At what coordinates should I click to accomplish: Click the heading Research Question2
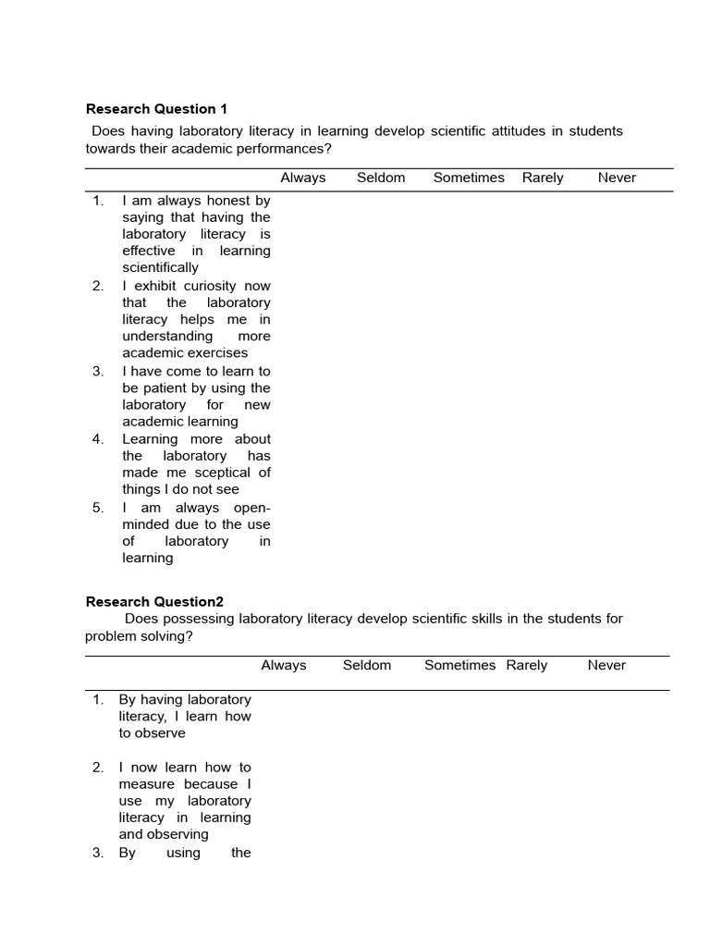[154, 601]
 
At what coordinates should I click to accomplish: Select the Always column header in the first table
[303, 178]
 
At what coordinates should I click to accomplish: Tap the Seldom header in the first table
[381, 178]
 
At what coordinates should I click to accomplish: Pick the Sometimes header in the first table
[469, 178]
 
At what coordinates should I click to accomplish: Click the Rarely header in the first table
[543, 178]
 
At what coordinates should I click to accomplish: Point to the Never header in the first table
[617, 178]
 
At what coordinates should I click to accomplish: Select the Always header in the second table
[284, 665]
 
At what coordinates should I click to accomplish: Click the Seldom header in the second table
[367, 665]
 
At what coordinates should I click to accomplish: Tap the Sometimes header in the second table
[459, 665]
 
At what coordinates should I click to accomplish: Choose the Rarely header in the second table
[527, 665]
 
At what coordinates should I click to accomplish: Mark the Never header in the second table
[606, 665]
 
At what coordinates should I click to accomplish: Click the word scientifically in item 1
[160, 267]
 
